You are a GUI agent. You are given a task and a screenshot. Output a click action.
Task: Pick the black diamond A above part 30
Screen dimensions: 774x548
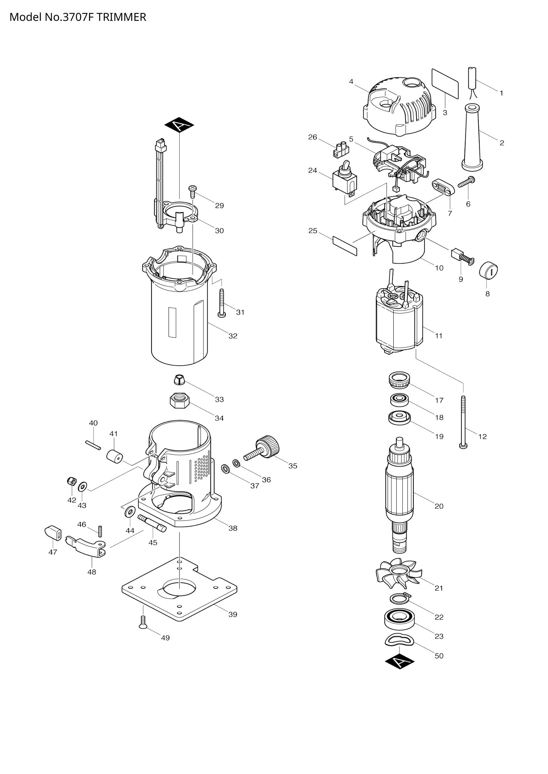[179, 125]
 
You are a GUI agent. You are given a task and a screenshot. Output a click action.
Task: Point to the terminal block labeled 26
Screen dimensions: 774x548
[341, 150]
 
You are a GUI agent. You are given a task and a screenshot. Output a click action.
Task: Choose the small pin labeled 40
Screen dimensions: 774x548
[93, 445]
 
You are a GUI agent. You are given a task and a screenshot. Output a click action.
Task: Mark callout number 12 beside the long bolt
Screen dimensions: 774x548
[482, 436]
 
